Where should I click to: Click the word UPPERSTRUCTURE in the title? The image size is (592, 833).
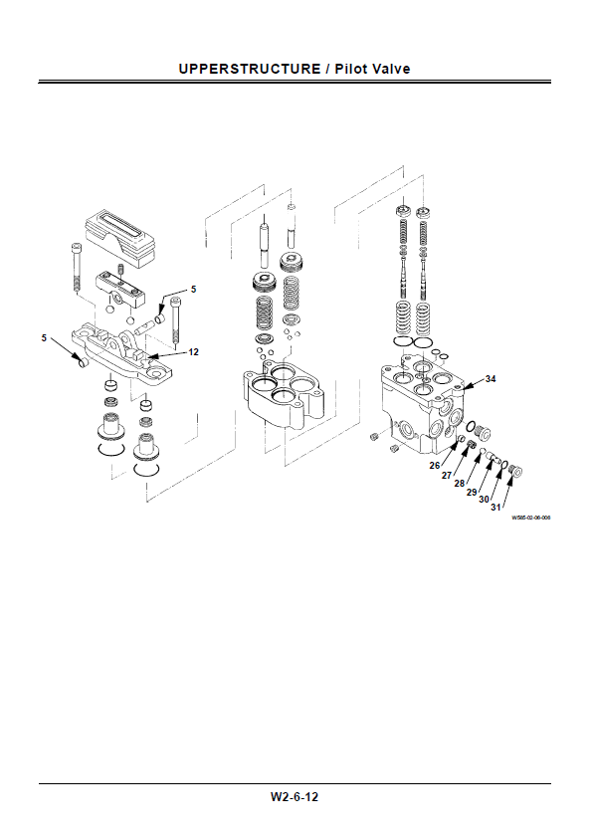250,69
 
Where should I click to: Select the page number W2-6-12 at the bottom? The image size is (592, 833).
295,797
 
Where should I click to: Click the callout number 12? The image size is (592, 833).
193,351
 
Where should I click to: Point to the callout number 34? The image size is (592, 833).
491,379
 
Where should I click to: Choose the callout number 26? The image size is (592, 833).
435,466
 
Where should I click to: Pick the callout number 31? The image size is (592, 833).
495,507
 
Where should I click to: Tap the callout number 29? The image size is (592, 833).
472,493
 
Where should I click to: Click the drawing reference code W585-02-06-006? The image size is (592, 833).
531,518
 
